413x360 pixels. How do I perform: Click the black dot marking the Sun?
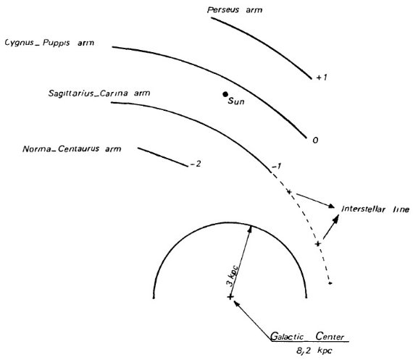225,94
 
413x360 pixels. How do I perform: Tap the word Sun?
236,101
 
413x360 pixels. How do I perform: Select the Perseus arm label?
235,10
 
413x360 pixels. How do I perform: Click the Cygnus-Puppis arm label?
49,43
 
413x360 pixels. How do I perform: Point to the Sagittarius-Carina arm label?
99,93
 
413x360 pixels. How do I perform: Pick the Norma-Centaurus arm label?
72,148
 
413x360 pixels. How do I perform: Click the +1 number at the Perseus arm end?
322,78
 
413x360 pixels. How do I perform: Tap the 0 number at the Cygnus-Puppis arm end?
315,140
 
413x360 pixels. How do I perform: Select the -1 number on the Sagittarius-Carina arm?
276,167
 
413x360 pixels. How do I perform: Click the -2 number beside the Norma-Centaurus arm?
195,164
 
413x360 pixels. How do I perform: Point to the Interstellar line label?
375,209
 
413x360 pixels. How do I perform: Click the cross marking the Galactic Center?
230,297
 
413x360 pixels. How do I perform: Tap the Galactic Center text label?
307,336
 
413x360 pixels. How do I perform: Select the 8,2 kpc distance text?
314,351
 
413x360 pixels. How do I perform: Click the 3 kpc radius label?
233,276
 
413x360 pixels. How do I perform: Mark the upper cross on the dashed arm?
289,192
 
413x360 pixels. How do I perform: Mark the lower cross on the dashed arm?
318,244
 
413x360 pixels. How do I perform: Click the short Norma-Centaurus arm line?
163,157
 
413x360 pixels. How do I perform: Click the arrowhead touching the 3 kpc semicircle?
250,230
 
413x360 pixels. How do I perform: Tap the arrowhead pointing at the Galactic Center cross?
237,304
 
